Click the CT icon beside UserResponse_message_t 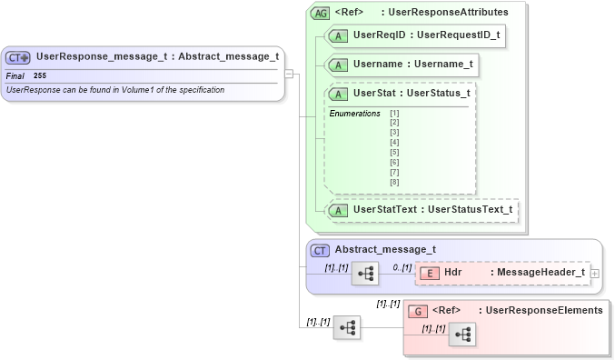coord(18,57)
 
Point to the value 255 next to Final coord(40,75)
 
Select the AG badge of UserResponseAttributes coord(321,14)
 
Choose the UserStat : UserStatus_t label coord(411,93)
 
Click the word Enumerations coord(354,114)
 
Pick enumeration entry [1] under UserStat coord(394,113)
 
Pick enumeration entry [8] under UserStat coord(394,183)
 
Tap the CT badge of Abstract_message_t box coord(320,250)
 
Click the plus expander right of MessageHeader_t coord(595,272)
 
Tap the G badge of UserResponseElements coord(418,310)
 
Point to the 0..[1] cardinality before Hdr coord(402,266)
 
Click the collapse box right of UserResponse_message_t coord(289,74)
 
